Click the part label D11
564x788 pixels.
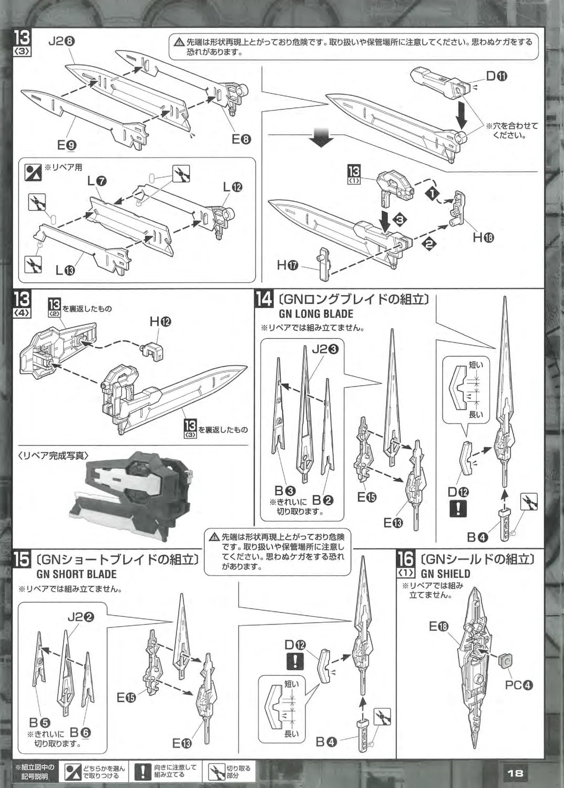[x=497, y=76]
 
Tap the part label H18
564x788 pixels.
[x=484, y=238]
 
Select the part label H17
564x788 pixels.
[x=288, y=265]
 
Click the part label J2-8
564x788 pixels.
[x=61, y=42]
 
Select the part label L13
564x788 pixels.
[x=66, y=270]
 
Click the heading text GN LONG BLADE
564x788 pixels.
[x=316, y=314]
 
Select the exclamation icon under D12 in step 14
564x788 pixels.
[x=458, y=508]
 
